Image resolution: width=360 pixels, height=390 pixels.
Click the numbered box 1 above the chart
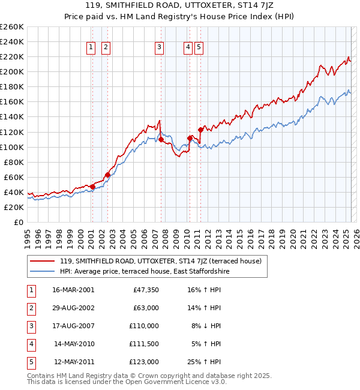pos(91,47)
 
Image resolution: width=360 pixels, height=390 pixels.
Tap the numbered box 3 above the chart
pos(159,47)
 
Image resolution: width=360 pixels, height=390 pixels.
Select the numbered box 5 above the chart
pos(199,47)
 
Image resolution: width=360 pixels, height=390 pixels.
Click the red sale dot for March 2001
pos(92,187)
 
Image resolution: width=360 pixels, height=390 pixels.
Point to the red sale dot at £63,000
pos(107,175)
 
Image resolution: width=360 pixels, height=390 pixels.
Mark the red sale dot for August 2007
pos(161,139)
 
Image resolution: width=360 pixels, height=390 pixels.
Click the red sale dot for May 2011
pos(200,130)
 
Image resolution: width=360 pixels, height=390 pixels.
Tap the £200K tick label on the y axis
pos(12,71)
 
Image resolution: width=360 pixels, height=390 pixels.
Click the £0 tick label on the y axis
pos(18,222)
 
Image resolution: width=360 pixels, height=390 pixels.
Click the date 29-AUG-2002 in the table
pos(73,308)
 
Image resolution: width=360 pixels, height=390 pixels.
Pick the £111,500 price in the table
pos(144,344)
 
